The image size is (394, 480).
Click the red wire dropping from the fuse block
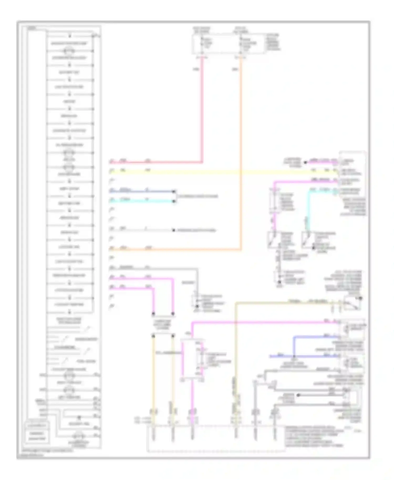coord(202,110)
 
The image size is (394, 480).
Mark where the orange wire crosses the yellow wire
coord(240,172)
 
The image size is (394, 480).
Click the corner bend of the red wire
coord(202,162)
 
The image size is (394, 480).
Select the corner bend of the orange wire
coord(240,249)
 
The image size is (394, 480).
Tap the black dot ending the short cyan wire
coord(174,201)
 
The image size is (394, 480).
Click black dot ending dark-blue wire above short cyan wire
coord(174,191)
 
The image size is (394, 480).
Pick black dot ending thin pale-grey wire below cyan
coord(173,230)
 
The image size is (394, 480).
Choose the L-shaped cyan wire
coord(309,205)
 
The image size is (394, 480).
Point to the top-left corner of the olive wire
coord(236,303)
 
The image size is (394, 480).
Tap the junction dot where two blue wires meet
coord(294,356)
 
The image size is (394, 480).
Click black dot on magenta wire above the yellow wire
coord(305,163)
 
